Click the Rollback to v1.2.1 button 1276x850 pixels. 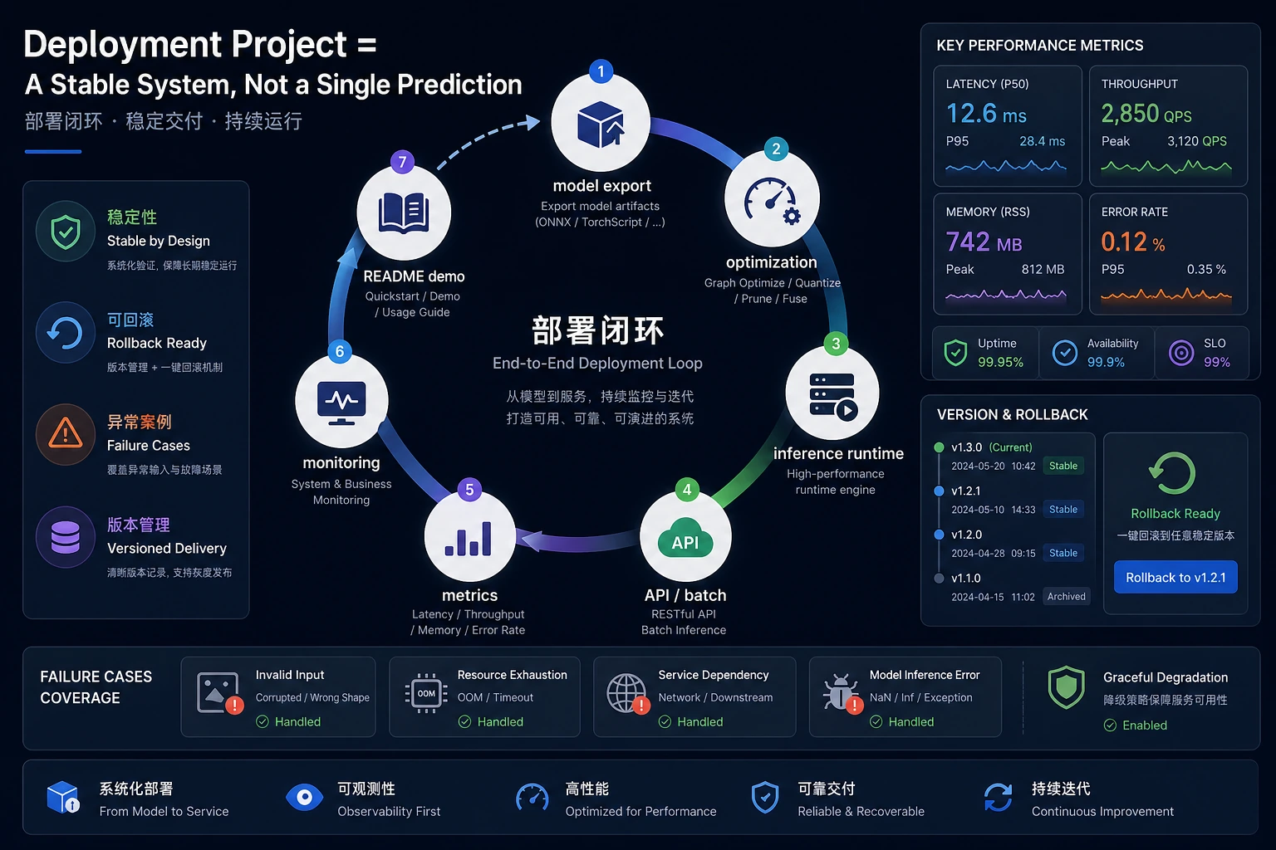(x=1175, y=577)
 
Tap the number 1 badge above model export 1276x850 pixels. (x=601, y=71)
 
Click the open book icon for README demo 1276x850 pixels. (x=404, y=212)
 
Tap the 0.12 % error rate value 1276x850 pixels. (x=1132, y=242)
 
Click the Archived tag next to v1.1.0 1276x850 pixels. (x=1067, y=596)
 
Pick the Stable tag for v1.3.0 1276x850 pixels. (x=1063, y=466)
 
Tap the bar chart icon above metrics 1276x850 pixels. (x=469, y=538)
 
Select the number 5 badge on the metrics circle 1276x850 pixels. (x=469, y=490)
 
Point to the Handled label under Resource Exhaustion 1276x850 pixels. (x=499, y=722)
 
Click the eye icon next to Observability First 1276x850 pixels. (x=304, y=797)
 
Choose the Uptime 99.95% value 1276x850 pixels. (x=1000, y=362)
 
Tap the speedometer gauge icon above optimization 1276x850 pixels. (x=771, y=201)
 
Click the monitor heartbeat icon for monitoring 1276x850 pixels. (x=341, y=403)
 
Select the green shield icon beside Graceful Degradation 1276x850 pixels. (x=1066, y=687)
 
